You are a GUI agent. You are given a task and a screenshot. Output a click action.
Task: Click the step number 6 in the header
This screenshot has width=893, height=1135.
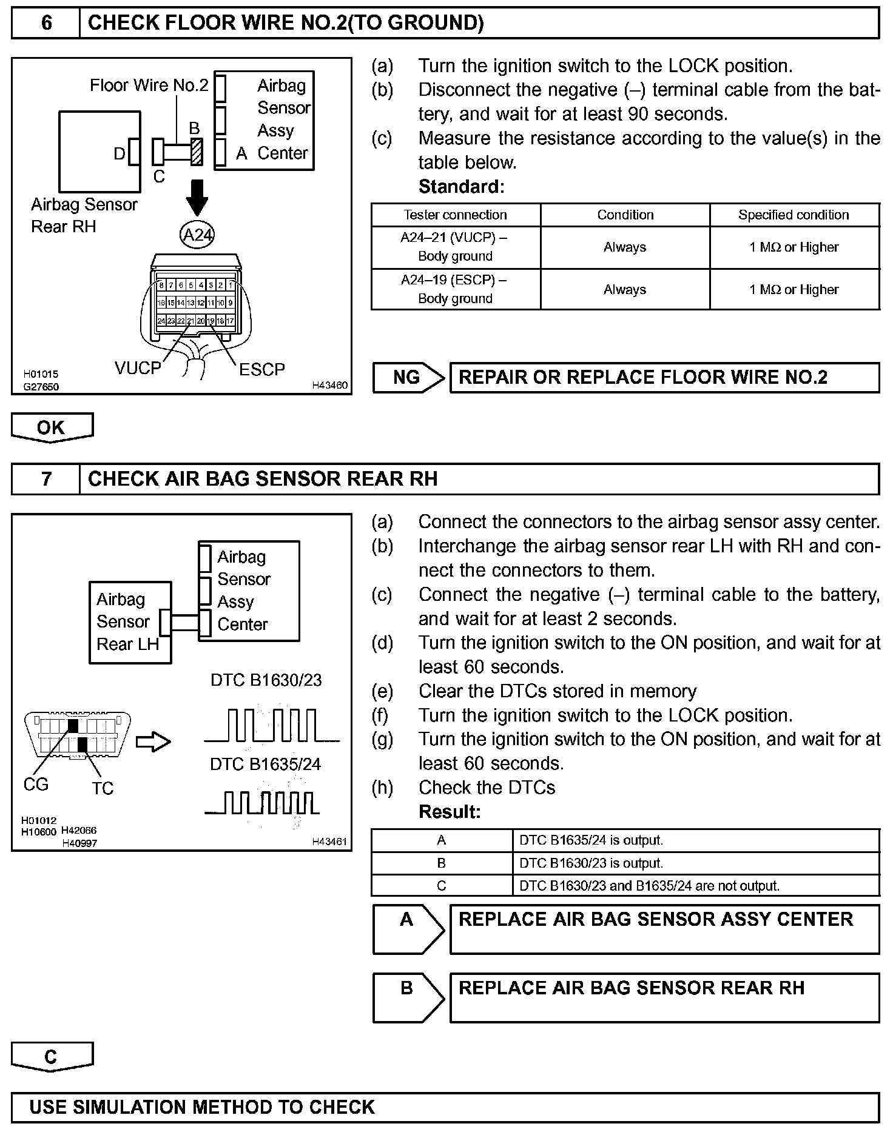[x=46, y=23]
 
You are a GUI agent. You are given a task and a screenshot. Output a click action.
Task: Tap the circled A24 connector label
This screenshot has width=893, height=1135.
[x=197, y=235]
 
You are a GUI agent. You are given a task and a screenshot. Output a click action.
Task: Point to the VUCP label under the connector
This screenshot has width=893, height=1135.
[x=138, y=368]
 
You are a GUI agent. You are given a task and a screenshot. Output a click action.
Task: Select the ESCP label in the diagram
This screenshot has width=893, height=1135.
[x=261, y=369]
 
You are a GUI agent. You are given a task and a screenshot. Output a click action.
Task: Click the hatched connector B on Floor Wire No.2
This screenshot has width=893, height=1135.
[x=197, y=152]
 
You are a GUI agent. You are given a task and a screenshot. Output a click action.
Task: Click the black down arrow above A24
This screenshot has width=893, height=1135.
[x=197, y=198]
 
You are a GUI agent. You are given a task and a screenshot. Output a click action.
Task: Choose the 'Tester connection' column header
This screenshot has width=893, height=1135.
[x=456, y=215]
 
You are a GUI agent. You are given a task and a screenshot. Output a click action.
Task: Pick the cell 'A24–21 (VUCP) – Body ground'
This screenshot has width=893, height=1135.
[x=455, y=247]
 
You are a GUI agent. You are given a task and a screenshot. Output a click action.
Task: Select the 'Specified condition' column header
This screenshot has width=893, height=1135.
[x=794, y=215]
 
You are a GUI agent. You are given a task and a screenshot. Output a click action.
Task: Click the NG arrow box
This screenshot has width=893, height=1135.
[x=408, y=377]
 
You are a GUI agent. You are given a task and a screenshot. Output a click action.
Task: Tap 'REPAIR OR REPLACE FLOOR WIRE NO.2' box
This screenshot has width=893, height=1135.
[x=664, y=377]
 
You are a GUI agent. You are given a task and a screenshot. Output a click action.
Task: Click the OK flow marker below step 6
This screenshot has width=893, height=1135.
[x=52, y=427]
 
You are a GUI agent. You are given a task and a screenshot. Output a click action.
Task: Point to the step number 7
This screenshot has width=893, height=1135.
[x=46, y=479]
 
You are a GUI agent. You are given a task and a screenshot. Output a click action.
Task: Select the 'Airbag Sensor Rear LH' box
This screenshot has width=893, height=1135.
[x=129, y=622]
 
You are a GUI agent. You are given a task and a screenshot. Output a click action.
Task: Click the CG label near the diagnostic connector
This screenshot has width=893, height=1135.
[x=36, y=785]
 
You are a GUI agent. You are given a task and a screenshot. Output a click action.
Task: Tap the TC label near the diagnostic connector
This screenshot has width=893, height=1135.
[x=103, y=788]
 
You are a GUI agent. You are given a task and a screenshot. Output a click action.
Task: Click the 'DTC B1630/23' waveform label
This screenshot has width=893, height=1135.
[x=266, y=680]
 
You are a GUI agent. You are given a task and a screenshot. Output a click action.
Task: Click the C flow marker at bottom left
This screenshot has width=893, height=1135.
[x=52, y=1057]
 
